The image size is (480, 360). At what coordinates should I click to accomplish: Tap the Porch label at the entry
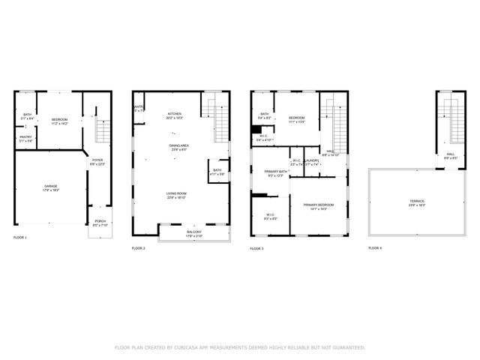click(x=100, y=223)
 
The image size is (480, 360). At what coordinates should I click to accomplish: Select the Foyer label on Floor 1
click(x=97, y=161)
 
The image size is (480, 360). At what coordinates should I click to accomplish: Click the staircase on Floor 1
click(x=103, y=131)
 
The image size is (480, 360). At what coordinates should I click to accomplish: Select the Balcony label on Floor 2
click(x=193, y=233)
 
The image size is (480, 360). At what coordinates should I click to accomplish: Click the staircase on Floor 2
click(x=220, y=120)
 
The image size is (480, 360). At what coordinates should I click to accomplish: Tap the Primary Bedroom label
click(x=318, y=206)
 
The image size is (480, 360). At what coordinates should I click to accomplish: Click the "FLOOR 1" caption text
click(x=20, y=238)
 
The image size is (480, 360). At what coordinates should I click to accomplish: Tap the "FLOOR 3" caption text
click(x=256, y=248)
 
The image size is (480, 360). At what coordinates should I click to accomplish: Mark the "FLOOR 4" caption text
click(x=375, y=248)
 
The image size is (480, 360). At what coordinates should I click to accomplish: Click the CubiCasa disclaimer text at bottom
click(x=239, y=348)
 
